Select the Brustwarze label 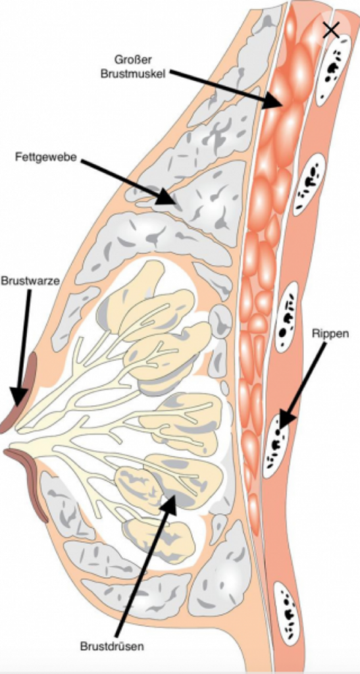pyautogui.click(x=30, y=282)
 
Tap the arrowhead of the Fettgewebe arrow pyautogui.click(x=175, y=203)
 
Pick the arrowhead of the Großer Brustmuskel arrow pyautogui.click(x=282, y=105)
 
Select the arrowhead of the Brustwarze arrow pyautogui.click(x=17, y=405)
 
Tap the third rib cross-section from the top pyautogui.click(x=286, y=316)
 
